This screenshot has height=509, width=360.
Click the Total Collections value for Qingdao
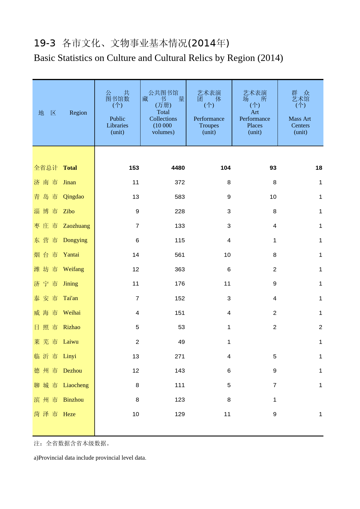click(179, 197)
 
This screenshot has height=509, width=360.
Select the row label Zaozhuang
click(76, 226)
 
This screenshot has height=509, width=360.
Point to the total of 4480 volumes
click(178, 168)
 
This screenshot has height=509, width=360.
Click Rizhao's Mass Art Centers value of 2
click(320, 327)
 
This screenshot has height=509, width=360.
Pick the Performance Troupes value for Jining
click(227, 284)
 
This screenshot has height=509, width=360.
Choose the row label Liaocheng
click(76, 385)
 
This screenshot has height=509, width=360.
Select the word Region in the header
click(78, 113)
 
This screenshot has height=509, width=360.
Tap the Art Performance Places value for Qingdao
click(273, 197)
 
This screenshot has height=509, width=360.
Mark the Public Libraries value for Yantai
click(136, 255)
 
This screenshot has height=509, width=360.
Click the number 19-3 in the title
click(44, 43)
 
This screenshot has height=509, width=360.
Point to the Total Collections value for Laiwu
click(181, 342)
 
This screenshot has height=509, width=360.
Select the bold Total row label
click(70, 168)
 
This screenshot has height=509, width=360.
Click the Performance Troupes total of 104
click(225, 168)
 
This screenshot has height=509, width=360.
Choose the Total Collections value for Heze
click(179, 414)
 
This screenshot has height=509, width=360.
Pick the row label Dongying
click(75, 240)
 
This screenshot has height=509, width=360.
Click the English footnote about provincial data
click(90, 458)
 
